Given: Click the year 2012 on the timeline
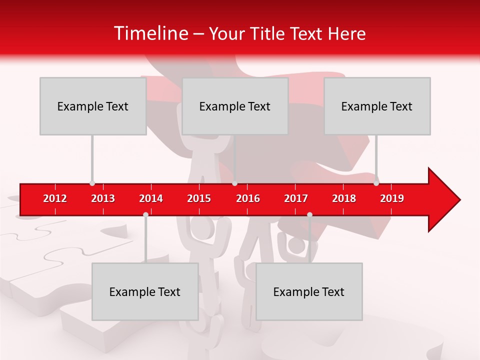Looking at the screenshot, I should pos(55,198).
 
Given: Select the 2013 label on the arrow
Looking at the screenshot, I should pos(103,198).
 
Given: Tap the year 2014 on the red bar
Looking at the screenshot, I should pos(151,198).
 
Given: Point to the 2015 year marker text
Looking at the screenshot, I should pos(199,198).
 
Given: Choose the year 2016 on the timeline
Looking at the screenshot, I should pos(248,198).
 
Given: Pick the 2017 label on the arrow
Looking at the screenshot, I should pos(296,198).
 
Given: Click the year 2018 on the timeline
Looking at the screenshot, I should pos(344,198).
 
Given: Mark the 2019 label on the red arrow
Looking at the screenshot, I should pos(392,198).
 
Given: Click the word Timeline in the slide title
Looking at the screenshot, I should pos(150,33).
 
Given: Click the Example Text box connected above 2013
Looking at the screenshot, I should pos(93,106).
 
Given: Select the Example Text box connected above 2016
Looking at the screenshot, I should pos(235,106).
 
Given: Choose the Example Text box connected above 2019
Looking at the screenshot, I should pos(377,106).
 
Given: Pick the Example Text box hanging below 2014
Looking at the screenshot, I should pos(145,291).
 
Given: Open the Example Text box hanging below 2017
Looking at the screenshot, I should pos(309,291).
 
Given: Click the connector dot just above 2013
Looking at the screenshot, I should pos(92,183).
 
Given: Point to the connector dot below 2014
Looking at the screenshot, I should pos(145,214).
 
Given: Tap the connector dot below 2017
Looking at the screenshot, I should pos(309,214).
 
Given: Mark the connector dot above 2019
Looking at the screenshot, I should pos(376,183).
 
